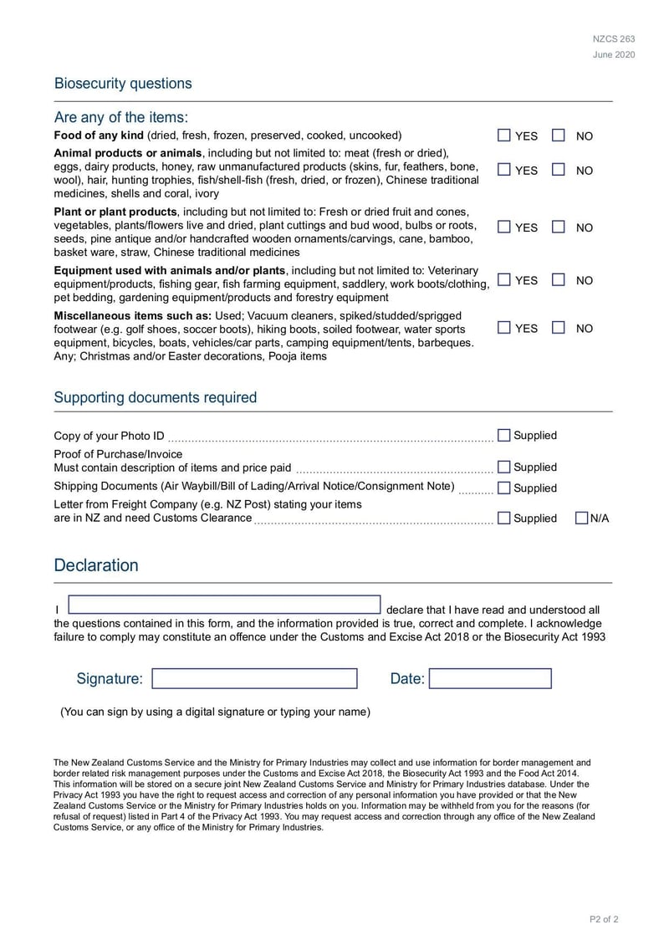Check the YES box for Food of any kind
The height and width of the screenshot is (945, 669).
[x=504, y=135]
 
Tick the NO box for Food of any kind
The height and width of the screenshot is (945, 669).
[x=559, y=135]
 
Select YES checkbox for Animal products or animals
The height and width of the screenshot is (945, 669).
[x=504, y=170]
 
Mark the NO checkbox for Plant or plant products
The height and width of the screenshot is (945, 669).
[x=559, y=227]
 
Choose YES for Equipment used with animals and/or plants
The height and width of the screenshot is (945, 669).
[x=504, y=280]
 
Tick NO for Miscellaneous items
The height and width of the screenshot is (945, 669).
[x=559, y=328]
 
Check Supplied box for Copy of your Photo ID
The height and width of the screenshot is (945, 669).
[x=504, y=435]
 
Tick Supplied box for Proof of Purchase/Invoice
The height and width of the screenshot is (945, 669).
[x=504, y=467]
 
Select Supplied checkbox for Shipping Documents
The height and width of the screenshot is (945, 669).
[x=504, y=488]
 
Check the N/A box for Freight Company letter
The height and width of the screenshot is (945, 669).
[x=582, y=518]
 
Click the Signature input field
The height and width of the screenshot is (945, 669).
[x=254, y=678]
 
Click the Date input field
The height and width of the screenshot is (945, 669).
[x=490, y=678]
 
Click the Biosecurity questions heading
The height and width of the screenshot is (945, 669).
[x=123, y=84]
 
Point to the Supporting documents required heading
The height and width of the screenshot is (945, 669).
[x=156, y=397]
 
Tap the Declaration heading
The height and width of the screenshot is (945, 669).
[x=96, y=565]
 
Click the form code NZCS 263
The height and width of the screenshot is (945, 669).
[x=614, y=39]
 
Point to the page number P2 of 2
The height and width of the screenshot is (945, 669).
[x=604, y=920]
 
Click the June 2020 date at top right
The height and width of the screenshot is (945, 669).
[x=614, y=55]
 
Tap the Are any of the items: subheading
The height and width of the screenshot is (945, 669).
[x=121, y=117]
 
